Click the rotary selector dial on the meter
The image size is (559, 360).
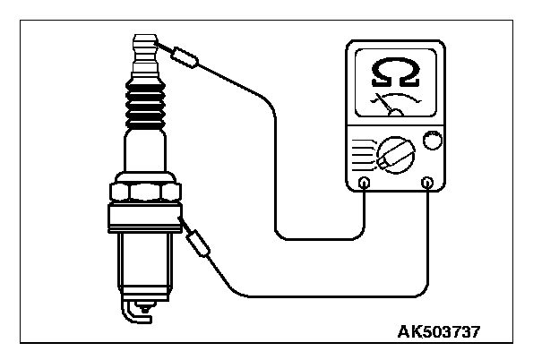(x=394, y=154)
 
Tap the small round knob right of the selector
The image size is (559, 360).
(x=433, y=141)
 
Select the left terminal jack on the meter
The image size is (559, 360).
(x=365, y=184)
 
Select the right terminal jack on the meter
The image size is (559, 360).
(x=427, y=184)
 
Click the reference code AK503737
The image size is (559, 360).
(x=439, y=331)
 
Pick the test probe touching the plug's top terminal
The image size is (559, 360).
(x=183, y=56)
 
